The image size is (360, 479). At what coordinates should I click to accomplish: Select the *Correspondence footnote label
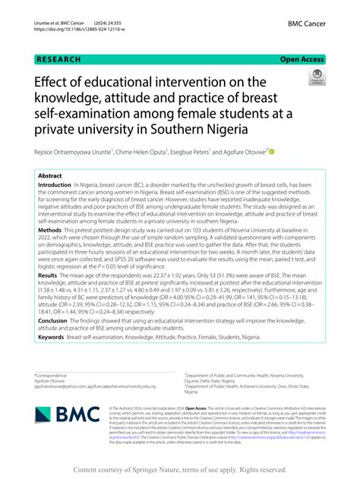click(x=53, y=376)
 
